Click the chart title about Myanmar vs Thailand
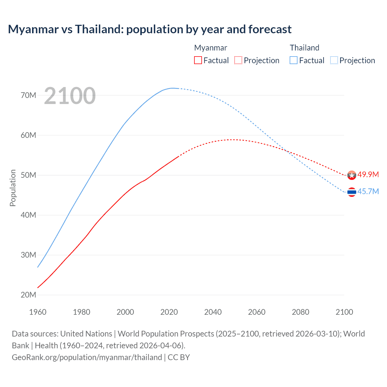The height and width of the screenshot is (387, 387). click(x=150, y=29)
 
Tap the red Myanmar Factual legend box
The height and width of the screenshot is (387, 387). click(x=198, y=60)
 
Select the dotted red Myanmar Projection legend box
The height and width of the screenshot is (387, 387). click(x=238, y=60)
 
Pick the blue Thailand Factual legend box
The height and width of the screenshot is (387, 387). click(x=294, y=60)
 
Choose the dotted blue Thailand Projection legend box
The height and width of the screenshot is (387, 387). click(x=334, y=60)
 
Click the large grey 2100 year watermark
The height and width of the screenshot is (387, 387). click(x=70, y=96)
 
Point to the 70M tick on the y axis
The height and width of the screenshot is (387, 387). click(x=28, y=96)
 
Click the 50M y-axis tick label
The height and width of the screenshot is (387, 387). click(x=28, y=175)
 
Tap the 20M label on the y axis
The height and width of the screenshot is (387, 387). click(x=28, y=295)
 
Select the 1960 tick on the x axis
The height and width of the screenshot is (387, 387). click(x=38, y=312)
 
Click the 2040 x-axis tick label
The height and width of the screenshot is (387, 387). click(x=213, y=312)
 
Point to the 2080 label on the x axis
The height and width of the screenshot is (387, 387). click(x=301, y=312)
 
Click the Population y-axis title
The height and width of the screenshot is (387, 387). click(x=13, y=188)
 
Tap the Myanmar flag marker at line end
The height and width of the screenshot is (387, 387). click(x=352, y=175)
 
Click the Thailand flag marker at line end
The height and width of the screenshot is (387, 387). click(x=352, y=192)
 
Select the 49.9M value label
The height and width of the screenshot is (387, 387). click(x=368, y=175)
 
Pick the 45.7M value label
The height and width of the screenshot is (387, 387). click(x=368, y=192)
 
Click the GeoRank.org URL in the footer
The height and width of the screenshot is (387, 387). click(x=87, y=357)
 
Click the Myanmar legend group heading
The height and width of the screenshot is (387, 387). click(x=210, y=48)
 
